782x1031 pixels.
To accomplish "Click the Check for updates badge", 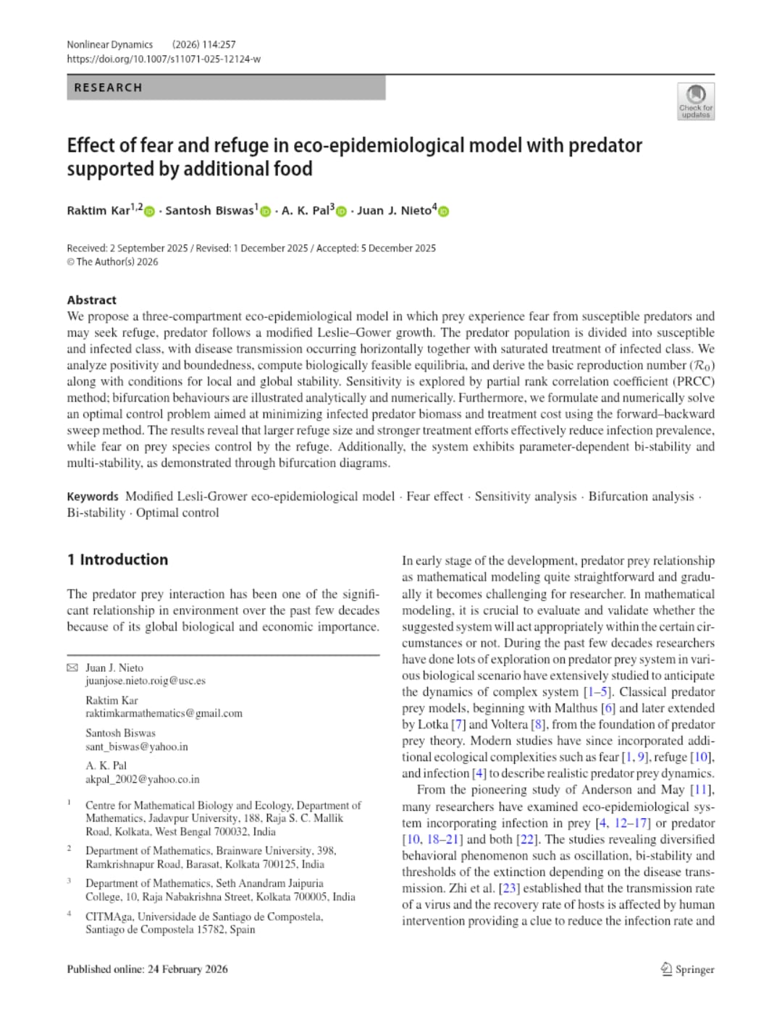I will (x=695, y=101).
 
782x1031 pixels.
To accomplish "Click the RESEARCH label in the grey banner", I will (x=108, y=88).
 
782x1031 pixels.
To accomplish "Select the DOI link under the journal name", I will (x=164, y=59).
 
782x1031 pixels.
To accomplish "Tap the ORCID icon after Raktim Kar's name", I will (x=149, y=211).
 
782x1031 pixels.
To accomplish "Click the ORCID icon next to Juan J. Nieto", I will (x=444, y=211).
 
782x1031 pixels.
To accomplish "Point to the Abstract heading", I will (x=91, y=300).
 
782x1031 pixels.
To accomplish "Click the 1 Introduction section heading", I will (x=117, y=560).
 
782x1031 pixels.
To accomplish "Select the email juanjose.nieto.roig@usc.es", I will (x=145, y=681).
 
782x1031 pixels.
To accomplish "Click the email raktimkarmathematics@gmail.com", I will (x=164, y=713).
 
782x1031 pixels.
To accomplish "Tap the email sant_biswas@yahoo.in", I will (x=136, y=746).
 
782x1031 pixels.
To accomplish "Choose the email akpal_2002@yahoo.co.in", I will (x=142, y=779).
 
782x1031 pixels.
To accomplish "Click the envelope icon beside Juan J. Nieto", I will (x=72, y=668).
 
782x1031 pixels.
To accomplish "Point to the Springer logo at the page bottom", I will (x=687, y=969).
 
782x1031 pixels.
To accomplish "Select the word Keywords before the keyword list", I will (x=92, y=497).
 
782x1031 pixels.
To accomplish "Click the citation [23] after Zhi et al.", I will (x=509, y=888).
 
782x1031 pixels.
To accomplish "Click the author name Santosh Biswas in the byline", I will (x=209, y=211).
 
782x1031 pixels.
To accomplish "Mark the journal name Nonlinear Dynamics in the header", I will (x=110, y=45).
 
